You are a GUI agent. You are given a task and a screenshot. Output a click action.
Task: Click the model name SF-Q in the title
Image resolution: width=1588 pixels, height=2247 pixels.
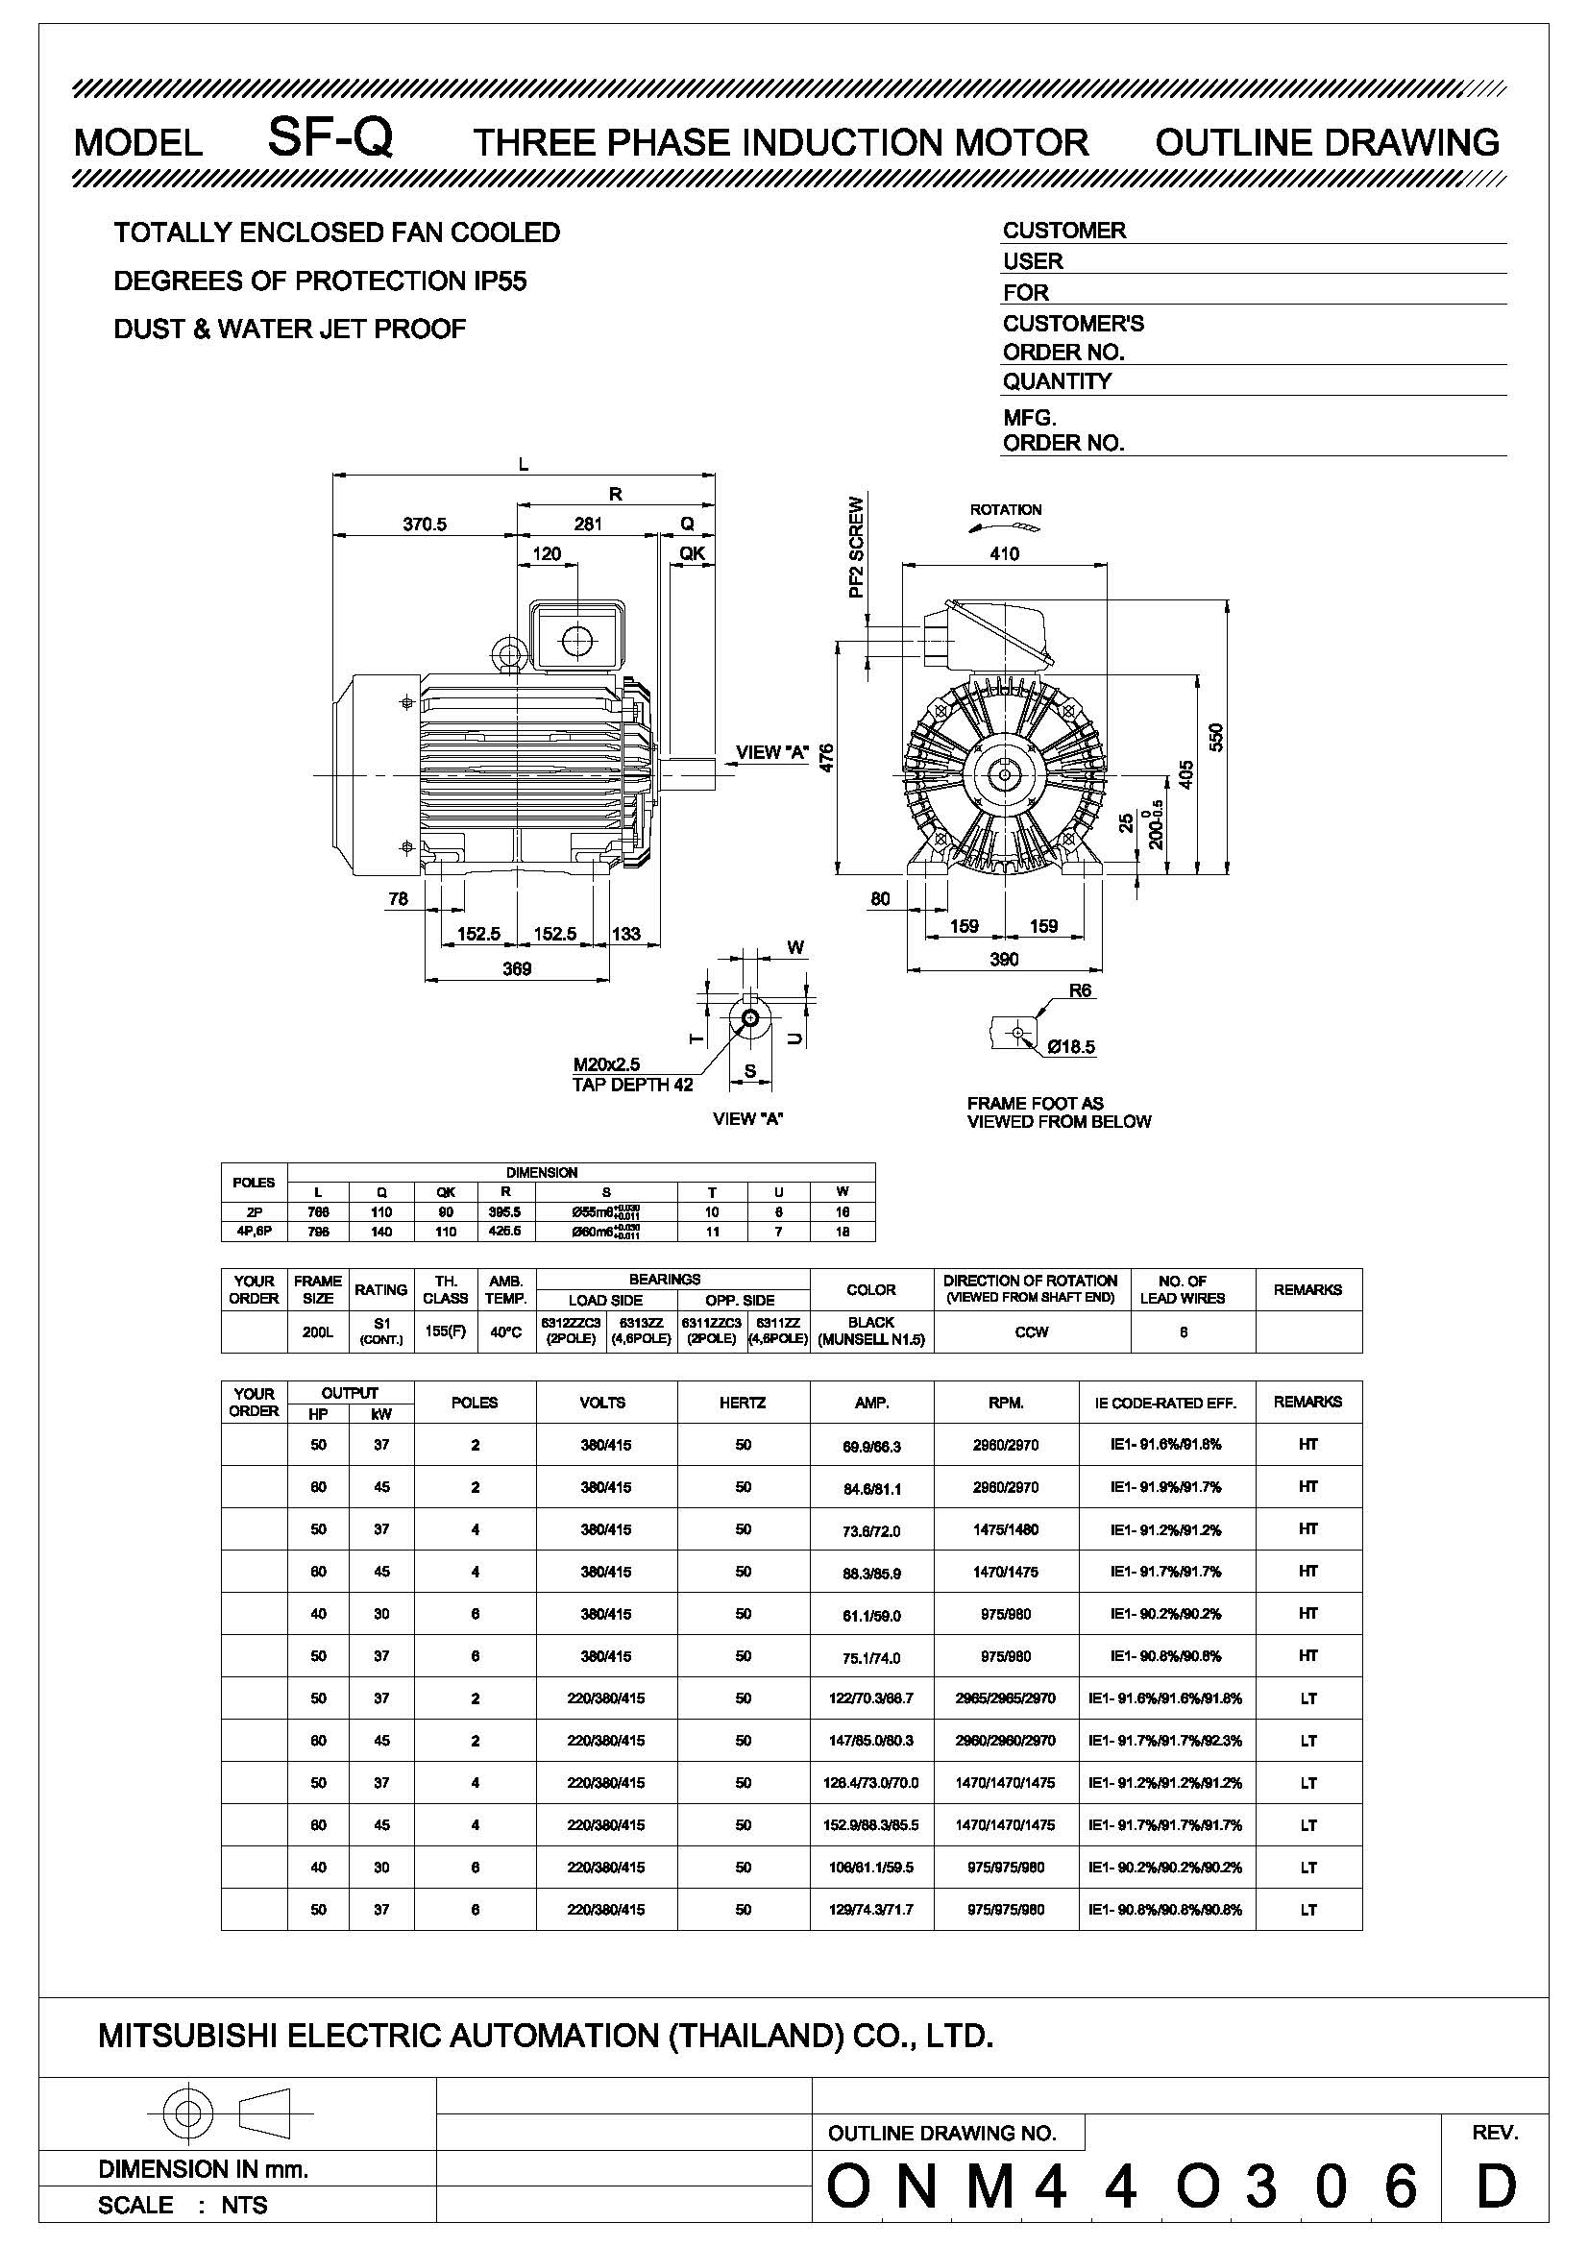coord(330,138)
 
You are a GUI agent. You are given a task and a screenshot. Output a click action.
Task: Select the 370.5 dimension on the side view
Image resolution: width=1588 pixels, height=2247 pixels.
coord(425,524)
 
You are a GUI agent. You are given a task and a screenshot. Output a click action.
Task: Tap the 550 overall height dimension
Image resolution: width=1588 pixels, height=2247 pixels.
coord(1216,737)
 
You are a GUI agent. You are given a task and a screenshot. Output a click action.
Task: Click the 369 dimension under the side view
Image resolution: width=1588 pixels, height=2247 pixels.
coord(516,968)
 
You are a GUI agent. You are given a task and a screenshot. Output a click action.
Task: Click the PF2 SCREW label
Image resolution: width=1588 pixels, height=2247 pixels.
coord(857,547)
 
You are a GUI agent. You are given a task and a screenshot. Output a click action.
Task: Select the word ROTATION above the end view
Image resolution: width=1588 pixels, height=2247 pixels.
coord(1005,509)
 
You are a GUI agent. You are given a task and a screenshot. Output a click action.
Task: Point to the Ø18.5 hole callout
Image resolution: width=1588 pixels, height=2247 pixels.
coord(1070,1046)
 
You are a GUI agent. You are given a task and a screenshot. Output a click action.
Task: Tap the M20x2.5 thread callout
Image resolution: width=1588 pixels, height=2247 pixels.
coord(606,1063)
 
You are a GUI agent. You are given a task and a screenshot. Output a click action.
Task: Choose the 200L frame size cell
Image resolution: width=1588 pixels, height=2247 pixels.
coord(318,1331)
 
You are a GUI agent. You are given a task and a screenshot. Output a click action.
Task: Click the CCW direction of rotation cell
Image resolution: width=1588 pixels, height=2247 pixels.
coord(1031,1331)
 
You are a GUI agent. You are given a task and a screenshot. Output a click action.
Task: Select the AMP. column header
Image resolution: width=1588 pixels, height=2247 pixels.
coord(870,1403)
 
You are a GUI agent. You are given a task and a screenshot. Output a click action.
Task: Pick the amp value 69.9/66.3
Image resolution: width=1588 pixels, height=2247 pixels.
coord(870,1445)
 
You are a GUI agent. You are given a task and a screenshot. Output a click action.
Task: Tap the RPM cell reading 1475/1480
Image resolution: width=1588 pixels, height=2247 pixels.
coord(1006,1529)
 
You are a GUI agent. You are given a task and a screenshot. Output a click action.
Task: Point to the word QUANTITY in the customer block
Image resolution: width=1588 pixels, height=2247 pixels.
coord(1057,380)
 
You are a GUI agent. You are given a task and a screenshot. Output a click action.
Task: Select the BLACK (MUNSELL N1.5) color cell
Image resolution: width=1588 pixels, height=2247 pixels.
coord(870,1331)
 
